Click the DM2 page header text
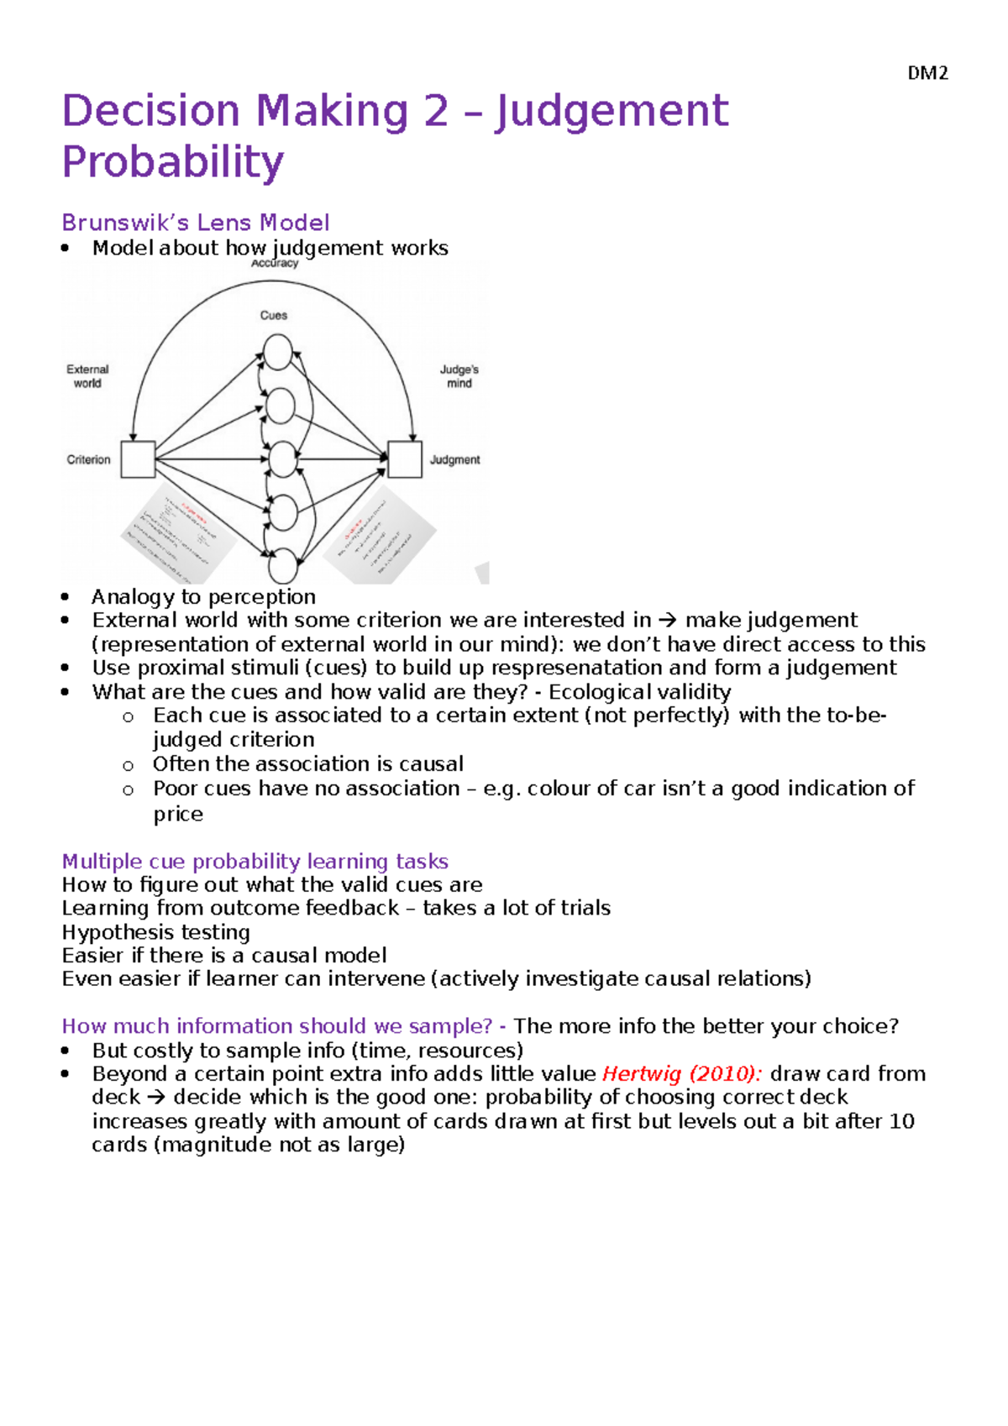click(927, 73)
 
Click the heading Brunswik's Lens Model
click(195, 223)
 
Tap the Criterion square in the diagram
click(138, 459)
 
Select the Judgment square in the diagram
click(405, 459)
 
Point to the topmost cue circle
click(278, 352)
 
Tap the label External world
click(87, 376)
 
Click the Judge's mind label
click(459, 376)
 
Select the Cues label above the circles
click(274, 316)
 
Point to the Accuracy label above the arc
click(275, 264)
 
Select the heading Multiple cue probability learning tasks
click(255, 862)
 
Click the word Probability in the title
click(173, 162)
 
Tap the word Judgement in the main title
click(612, 112)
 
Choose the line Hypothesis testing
click(155, 932)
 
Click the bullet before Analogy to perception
click(66, 597)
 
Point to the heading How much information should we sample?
click(276, 1026)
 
